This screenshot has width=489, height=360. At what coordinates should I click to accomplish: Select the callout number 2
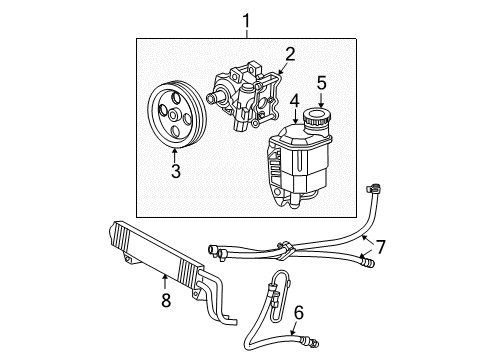[x=289, y=54]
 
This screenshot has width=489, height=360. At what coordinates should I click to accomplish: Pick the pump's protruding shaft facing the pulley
[x=215, y=97]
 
